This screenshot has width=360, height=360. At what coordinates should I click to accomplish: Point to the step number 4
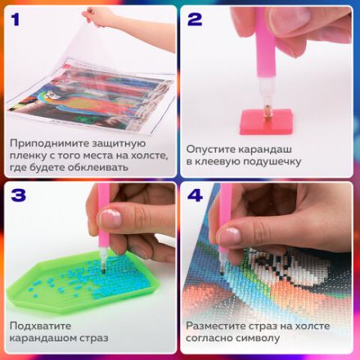(x=196, y=197)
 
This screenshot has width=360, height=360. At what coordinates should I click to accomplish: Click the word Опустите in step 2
(x=212, y=149)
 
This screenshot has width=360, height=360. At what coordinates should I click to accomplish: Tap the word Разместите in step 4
(x=218, y=325)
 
